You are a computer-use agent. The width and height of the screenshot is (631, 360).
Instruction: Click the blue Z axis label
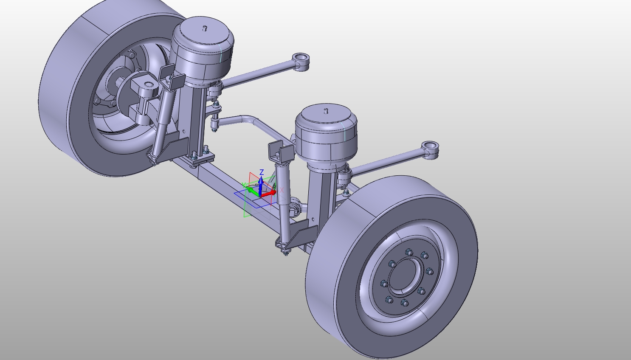pyautogui.click(x=262, y=172)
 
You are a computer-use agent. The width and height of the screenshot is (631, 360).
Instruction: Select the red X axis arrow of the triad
pyautogui.click(x=268, y=194)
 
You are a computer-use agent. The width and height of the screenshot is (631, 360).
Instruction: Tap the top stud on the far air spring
pyautogui.click(x=205, y=28)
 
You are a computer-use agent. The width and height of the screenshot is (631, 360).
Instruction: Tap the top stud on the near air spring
pyautogui.click(x=326, y=111)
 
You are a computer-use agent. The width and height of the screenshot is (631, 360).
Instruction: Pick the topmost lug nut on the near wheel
pyautogui.click(x=409, y=253)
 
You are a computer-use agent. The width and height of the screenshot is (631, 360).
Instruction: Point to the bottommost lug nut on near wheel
pyautogui.click(x=404, y=303)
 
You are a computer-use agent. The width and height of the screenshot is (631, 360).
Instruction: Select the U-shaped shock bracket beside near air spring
pyautogui.click(x=281, y=152)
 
